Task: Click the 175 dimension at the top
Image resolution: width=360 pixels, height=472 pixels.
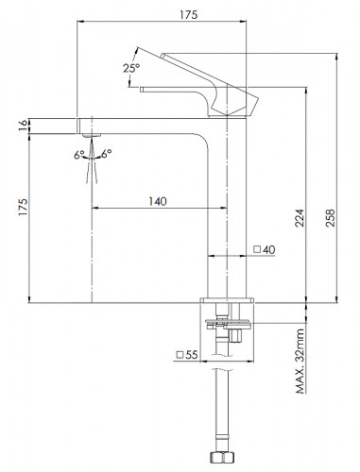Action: click(189, 14)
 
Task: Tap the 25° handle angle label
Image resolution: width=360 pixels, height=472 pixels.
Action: click(131, 68)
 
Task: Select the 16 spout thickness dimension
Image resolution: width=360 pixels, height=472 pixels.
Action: click(23, 126)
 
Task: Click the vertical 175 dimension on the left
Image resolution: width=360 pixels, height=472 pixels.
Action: click(23, 207)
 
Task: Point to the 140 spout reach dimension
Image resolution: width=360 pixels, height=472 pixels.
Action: click(158, 201)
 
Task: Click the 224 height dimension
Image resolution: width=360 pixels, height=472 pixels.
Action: click(300, 218)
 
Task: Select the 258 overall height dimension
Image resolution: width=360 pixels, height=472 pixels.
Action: click(331, 218)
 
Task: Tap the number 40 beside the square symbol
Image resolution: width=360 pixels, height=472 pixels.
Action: click(269, 250)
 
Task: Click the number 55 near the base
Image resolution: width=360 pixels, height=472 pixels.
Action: click(192, 355)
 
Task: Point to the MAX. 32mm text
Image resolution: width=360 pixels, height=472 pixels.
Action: click(300, 361)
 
